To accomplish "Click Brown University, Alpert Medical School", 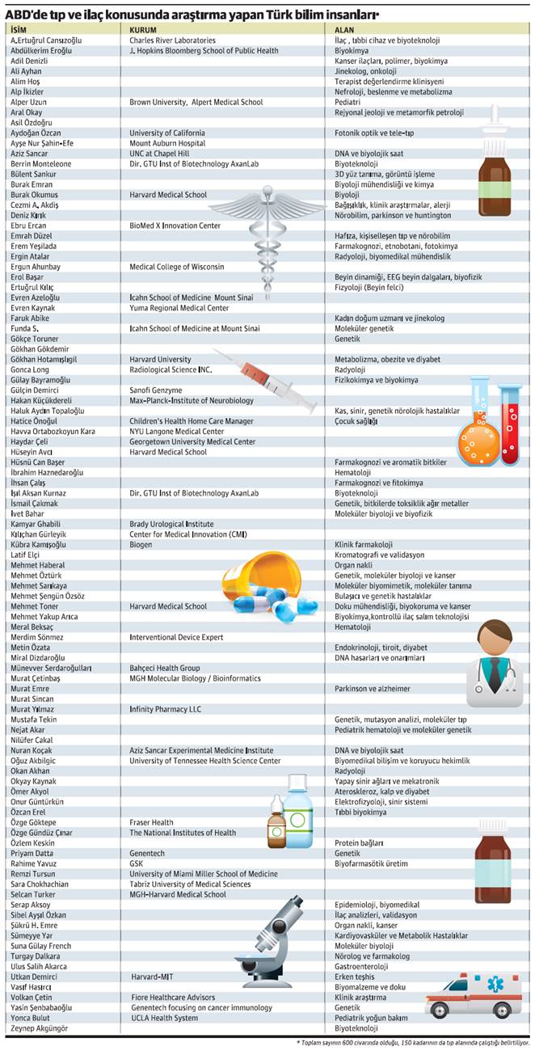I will click(x=196, y=102).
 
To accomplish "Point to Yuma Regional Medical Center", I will click(x=179, y=307).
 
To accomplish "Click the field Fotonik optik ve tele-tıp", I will click(x=374, y=133).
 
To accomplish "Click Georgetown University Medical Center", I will click(x=192, y=441).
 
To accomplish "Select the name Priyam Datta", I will click(x=32, y=853).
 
